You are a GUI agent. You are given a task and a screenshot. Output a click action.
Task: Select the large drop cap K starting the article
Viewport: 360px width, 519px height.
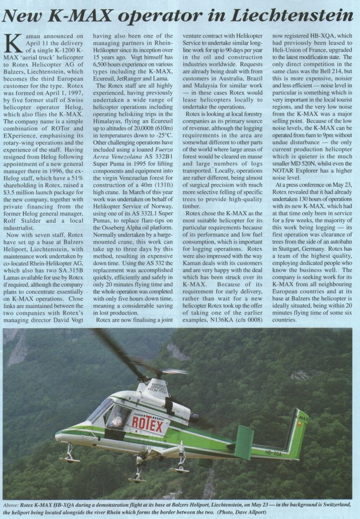coord(15,45)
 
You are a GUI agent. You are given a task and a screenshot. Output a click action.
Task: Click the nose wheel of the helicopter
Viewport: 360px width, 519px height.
coord(70,457)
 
